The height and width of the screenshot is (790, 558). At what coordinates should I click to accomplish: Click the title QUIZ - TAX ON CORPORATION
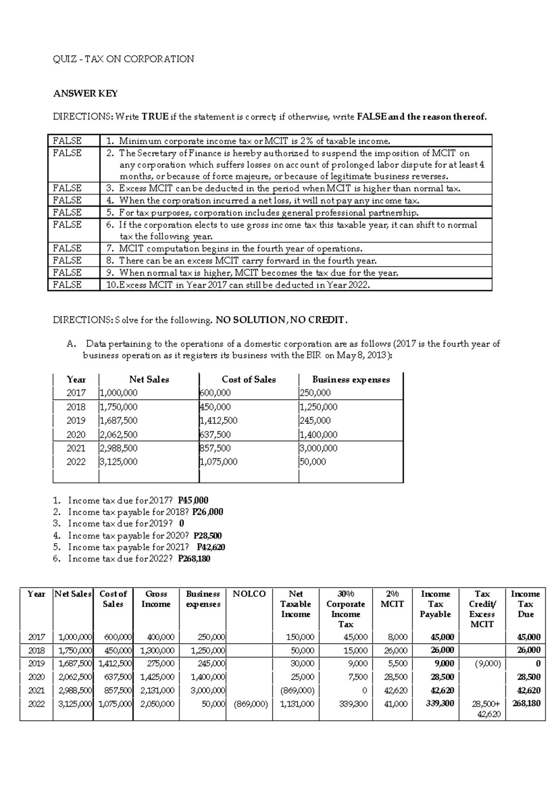click(x=123, y=59)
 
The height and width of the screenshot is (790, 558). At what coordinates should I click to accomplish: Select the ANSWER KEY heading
click(x=85, y=94)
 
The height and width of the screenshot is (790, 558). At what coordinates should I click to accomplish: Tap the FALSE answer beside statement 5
click(x=67, y=213)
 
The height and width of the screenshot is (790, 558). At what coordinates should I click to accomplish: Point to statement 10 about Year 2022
click(x=238, y=285)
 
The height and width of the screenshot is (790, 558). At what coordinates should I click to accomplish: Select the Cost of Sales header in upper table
click(x=249, y=380)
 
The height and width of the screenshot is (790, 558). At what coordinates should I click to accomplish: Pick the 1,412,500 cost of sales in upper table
click(x=219, y=421)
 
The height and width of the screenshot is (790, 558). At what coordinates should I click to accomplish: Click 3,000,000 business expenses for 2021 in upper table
click(x=319, y=449)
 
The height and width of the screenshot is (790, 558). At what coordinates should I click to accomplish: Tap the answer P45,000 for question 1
click(x=193, y=501)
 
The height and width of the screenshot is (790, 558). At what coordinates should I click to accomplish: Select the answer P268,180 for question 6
click(x=194, y=559)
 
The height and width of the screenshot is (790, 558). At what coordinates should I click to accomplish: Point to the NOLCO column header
click(x=249, y=594)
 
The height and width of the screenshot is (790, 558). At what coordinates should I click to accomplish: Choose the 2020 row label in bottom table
click(x=36, y=677)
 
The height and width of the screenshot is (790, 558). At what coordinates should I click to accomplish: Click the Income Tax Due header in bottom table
click(x=525, y=604)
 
